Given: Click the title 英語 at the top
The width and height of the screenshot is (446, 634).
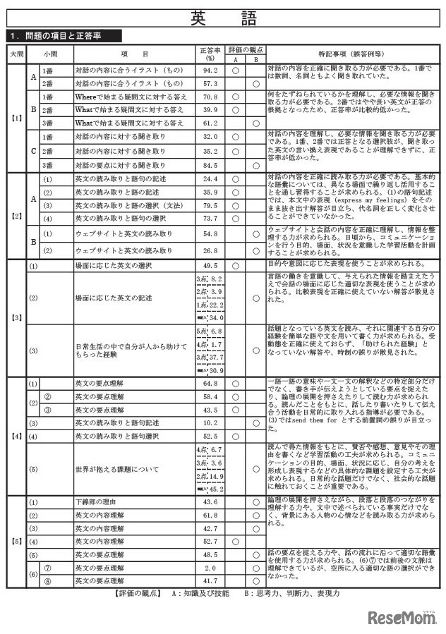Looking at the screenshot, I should [x=223, y=18].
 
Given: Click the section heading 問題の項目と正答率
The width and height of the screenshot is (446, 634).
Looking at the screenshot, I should [x=67, y=35].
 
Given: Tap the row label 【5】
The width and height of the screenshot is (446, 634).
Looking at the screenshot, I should [x=17, y=542].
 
